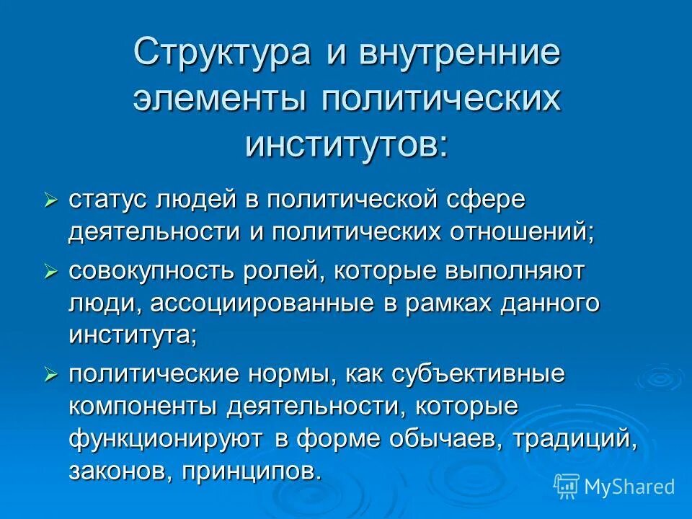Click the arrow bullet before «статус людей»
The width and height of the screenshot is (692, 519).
pos(50,200)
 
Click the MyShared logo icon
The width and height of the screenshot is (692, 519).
pos(567,486)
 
